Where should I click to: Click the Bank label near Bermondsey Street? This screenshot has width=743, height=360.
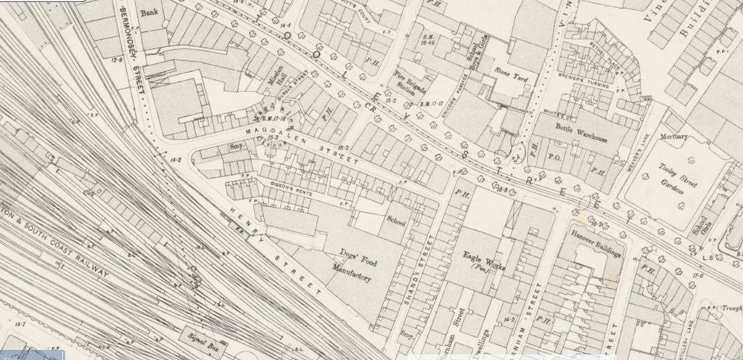(150, 12)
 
